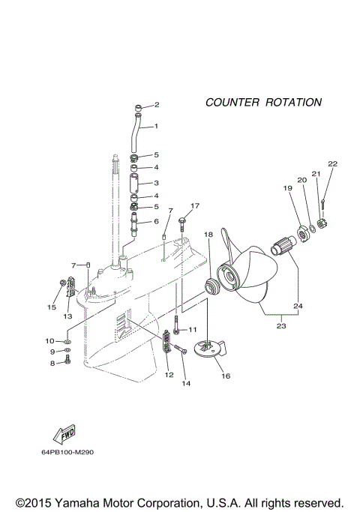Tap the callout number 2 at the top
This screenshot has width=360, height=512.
tap(156, 104)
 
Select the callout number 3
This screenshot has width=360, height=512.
tap(156, 182)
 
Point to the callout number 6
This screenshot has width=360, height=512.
tap(156, 221)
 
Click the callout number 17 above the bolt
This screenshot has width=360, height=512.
tap(195, 205)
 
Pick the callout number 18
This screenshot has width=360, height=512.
tap(208, 235)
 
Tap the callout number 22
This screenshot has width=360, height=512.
tap(332, 164)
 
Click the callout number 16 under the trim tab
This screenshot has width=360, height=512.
tap(225, 376)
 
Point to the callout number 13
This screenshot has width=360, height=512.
tap(67, 316)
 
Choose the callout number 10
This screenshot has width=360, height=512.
tap(49, 340)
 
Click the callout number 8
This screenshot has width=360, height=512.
tap(52, 363)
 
